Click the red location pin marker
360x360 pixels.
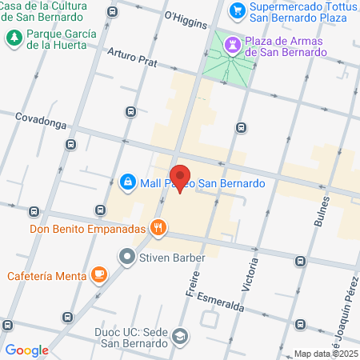(x=181, y=178)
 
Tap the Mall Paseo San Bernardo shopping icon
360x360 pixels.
(x=127, y=183)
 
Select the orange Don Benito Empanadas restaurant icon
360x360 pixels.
(x=159, y=228)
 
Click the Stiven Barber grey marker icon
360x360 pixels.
(x=127, y=258)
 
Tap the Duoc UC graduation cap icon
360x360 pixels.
(x=181, y=336)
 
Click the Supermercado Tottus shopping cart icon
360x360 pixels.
(x=237, y=10)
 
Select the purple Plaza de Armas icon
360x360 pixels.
(x=233, y=44)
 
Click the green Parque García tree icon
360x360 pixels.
(x=14, y=37)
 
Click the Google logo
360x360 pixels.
(x=26, y=350)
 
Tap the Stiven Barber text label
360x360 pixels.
(x=174, y=258)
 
